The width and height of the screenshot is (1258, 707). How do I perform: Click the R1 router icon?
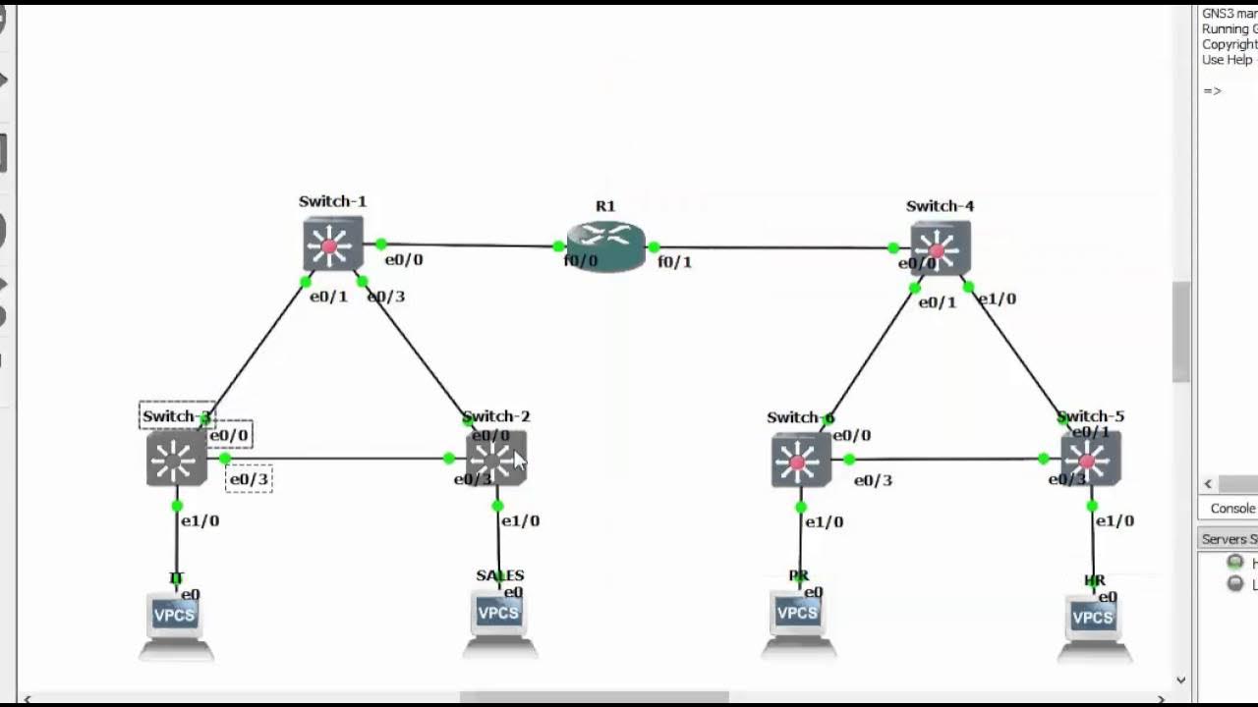[x=605, y=246]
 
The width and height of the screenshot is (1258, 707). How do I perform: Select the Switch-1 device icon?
[x=332, y=245]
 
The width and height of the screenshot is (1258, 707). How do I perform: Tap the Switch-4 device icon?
[x=941, y=248]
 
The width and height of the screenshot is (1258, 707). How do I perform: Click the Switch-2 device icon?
[x=496, y=459]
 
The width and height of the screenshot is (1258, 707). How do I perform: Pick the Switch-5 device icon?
[x=1090, y=460]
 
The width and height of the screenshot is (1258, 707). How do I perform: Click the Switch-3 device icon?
[x=176, y=460]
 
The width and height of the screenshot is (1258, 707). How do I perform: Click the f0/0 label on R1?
[x=580, y=261]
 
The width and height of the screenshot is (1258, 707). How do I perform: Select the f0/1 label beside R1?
[x=674, y=262]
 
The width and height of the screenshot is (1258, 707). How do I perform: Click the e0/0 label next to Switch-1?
[x=403, y=260]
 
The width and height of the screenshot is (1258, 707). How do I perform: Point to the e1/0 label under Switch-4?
[x=997, y=299]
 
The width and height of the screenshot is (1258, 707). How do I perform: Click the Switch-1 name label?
[x=332, y=201]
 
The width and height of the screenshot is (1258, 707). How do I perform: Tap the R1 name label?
[x=605, y=206]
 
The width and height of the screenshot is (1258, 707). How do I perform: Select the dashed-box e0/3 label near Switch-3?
[x=249, y=479]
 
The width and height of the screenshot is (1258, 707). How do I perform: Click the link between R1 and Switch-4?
[x=776, y=247]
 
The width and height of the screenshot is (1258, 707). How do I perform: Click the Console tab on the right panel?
[x=1231, y=508]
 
